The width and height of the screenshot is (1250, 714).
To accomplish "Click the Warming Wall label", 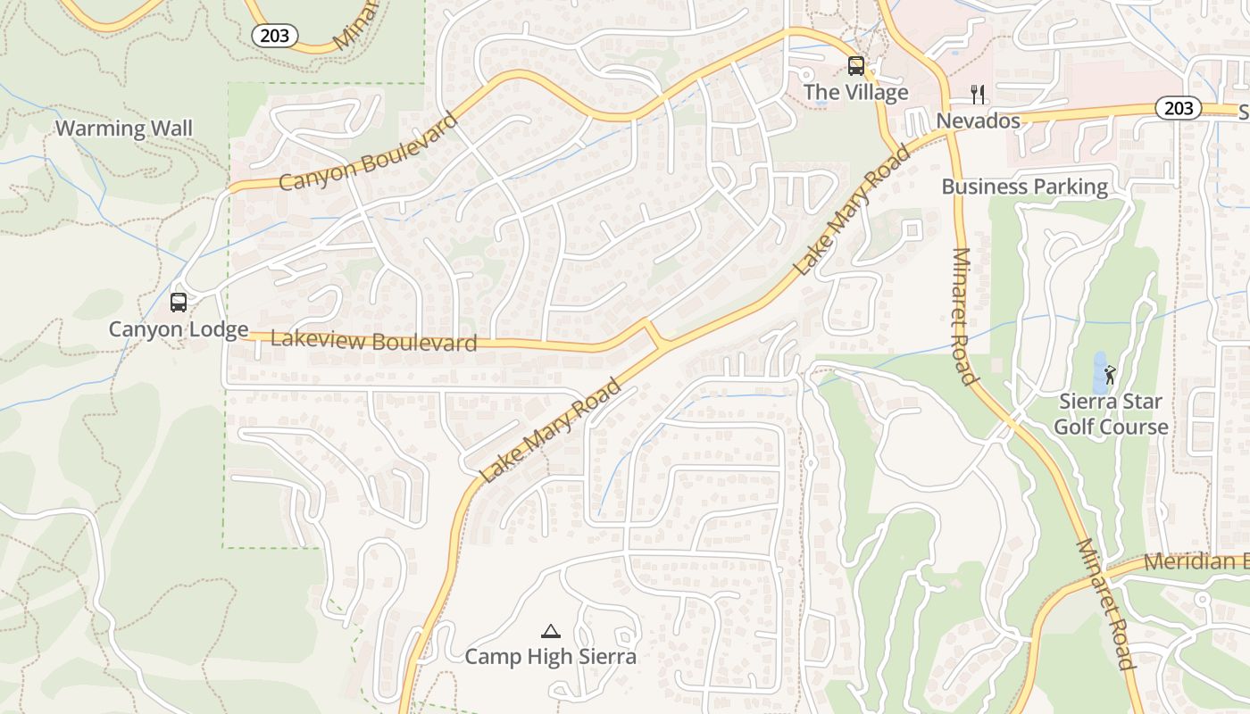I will pyautogui.click(x=123, y=129).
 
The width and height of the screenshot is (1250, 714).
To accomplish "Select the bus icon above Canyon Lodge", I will pyautogui.click(x=179, y=303).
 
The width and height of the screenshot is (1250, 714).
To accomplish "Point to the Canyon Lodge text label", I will pyautogui.click(x=179, y=329).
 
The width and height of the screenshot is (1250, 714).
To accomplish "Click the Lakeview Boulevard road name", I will pyautogui.click(x=373, y=340).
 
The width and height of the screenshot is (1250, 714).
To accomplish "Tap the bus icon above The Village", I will pyautogui.click(x=855, y=66).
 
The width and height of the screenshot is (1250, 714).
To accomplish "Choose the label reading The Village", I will pyautogui.click(x=855, y=92).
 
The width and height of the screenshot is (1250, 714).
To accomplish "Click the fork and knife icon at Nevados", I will pyautogui.click(x=978, y=95).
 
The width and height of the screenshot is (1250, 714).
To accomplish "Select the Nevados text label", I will pyautogui.click(x=978, y=120).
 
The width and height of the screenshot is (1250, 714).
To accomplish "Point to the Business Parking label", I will pyautogui.click(x=1024, y=187).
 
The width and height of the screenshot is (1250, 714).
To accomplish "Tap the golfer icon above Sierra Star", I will pyautogui.click(x=1110, y=375).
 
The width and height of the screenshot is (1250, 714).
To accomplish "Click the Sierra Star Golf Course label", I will pyautogui.click(x=1110, y=414).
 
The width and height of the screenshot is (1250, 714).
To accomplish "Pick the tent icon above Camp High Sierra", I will pyautogui.click(x=551, y=632).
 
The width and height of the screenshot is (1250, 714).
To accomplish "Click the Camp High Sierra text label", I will pyautogui.click(x=551, y=658).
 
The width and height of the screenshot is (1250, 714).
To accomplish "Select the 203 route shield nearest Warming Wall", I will pyautogui.click(x=274, y=36).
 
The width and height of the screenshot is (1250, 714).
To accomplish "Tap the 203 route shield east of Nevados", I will pyautogui.click(x=1179, y=108).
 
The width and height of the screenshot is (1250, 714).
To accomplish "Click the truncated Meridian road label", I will pyautogui.click(x=1196, y=562).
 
